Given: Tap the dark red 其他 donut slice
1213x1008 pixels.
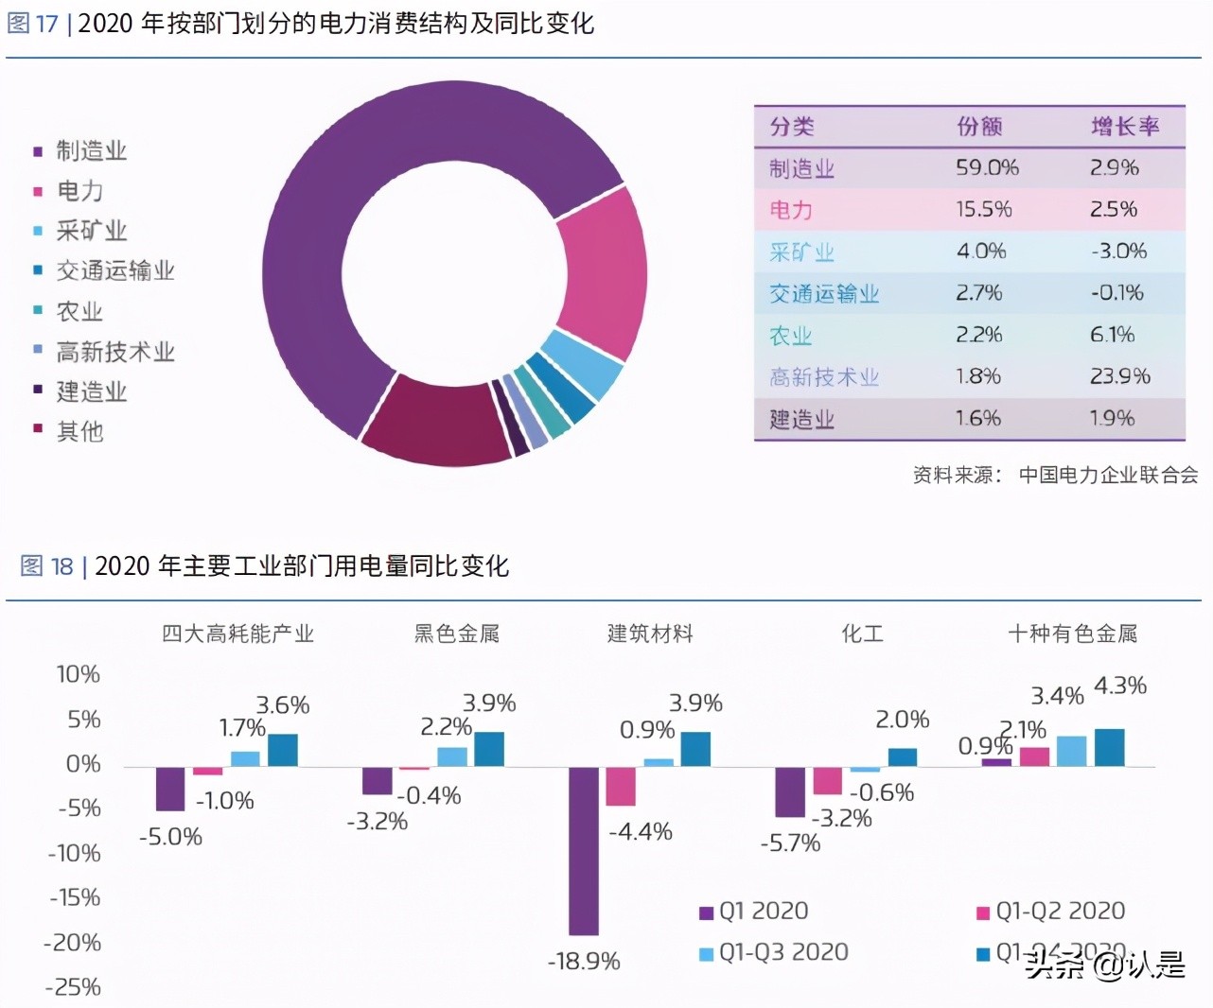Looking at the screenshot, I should tap(435, 426).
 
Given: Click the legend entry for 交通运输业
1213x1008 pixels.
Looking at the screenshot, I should tap(114, 271).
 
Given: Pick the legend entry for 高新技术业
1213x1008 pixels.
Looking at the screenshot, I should tap(114, 352).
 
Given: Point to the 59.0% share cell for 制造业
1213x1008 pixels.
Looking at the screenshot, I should tap(986, 168).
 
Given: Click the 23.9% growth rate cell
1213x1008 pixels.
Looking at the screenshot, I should tap(1119, 376).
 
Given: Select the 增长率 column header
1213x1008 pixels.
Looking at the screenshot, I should tap(1124, 127).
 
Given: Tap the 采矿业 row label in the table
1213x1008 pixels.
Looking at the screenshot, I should tap(800, 252).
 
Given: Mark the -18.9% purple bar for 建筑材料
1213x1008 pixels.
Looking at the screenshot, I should tap(583, 850).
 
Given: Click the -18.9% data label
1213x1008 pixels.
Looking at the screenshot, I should tap(584, 962).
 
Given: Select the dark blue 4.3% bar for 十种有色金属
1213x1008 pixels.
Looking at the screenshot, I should tap(1109, 747).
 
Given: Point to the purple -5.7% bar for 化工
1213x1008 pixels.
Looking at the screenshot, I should tap(789, 791).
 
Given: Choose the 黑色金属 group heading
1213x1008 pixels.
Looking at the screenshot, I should tap(456, 634).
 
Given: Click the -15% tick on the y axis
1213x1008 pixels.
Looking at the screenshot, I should tap(75, 897).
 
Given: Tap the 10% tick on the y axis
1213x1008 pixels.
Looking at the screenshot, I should tap(78, 674).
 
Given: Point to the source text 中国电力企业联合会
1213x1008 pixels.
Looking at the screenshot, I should tap(1107, 475).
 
